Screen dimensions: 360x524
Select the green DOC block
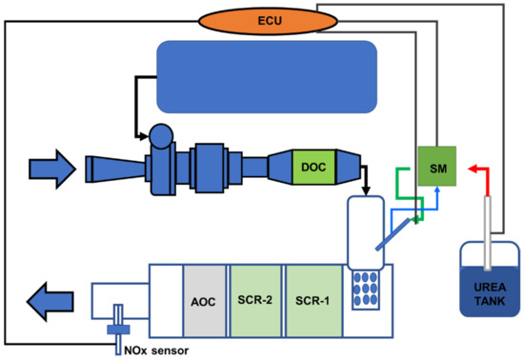point(310,167)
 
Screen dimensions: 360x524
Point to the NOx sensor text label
point(156,350)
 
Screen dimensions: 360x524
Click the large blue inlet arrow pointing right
point(48,170)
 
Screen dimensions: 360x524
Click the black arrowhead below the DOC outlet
point(366,190)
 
